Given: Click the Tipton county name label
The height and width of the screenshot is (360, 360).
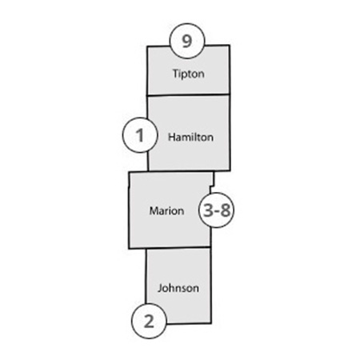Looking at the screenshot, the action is pyautogui.click(x=189, y=74).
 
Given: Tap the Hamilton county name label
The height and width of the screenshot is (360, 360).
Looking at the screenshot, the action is pyautogui.click(x=190, y=137).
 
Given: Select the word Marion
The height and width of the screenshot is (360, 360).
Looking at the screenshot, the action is pyautogui.click(x=166, y=211).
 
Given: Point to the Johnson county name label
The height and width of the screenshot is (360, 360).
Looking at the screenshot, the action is pyautogui.click(x=178, y=288).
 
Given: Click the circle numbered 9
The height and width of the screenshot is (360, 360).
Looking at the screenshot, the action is pyautogui.click(x=187, y=41).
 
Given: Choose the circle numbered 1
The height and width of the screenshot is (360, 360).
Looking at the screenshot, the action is pyautogui.click(x=140, y=135).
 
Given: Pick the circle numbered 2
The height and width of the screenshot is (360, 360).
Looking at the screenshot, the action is pyautogui.click(x=149, y=321).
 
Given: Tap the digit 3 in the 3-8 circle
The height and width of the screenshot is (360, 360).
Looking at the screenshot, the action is pyautogui.click(x=209, y=210).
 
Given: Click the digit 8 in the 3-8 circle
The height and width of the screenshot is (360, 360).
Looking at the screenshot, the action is pyautogui.click(x=226, y=210).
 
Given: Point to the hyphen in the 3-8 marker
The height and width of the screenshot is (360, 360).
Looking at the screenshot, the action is pyautogui.click(x=217, y=211).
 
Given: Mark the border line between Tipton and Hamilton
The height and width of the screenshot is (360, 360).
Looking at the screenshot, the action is pyautogui.click(x=188, y=94).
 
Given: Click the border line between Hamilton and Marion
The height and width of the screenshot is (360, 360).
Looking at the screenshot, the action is pyautogui.click(x=181, y=171).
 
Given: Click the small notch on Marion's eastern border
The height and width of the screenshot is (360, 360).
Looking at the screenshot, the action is pyautogui.click(x=212, y=186).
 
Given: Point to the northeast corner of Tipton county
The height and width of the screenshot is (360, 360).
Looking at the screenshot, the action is pyautogui.click(x=230, y=46).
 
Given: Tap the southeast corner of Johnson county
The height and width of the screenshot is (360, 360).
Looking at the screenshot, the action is pyautogui.click(x=211, y=323).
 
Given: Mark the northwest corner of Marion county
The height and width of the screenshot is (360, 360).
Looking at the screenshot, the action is pyautogui.click(x=130, y=173).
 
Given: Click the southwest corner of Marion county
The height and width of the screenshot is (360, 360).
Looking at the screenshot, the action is pyautogui.click(x=129, y=249).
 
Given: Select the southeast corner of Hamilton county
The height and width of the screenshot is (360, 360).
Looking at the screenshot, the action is pyautogui.click(x=230, y=170).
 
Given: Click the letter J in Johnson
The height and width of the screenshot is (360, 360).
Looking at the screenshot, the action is pyautogui.click(x=159, y=288).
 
